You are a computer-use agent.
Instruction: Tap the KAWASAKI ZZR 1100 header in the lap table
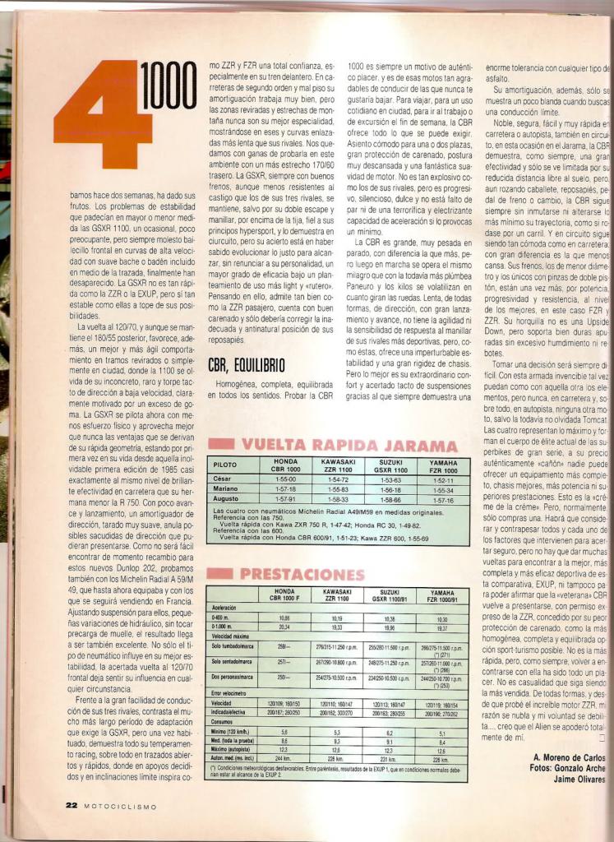pyautogui.click(x=338, y=465)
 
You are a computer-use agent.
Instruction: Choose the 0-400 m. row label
pyautogui.click(x=221, y=617)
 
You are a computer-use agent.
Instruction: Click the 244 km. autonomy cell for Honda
pyautogui.click(x=284, y=757)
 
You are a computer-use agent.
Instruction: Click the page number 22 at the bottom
pyautogui.click(x=72, y=806)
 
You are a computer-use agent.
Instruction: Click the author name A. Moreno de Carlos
pyautogui.click(x=569, y=756)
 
